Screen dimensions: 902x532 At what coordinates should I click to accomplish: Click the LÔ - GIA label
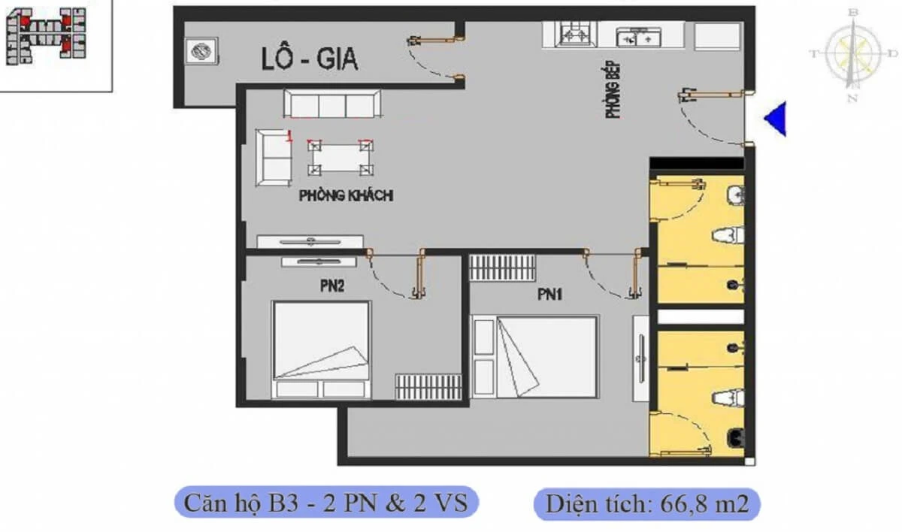pyautogui.click(x=310, y=59)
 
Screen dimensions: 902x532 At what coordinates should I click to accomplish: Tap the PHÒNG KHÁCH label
pyautogui.click(x=346, y=195)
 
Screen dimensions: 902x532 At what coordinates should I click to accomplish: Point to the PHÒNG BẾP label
pyautogui.click(x=613, y=89)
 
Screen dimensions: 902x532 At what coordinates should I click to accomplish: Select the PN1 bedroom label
pyautogui.click(x=549, y=295)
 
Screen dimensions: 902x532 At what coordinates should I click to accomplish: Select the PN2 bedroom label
pyautogui.click(x=332, y=286)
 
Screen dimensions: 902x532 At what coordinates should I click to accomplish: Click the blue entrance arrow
pyautogui.click(x=775, y=119)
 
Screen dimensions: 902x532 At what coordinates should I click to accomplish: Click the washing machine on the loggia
pyautogui.click(x=201, y=50)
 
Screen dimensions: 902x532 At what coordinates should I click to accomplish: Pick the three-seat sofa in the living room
pyautogui.click(x=332, y=104)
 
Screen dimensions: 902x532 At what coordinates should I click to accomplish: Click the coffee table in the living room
pyautogui.click(x=341, y=158)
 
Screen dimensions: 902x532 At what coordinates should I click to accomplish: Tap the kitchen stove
pyautogui.click(x=576, y=34)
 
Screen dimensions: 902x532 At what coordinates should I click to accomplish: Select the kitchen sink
pyautogui.click(x=639, y=38)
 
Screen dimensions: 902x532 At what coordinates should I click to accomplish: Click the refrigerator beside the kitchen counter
pyautogui.click(x=718, y=36)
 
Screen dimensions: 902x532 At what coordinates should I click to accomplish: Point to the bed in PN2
pyautogui.click(x=322, y=349)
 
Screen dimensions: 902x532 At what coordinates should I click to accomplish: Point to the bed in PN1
pyautogui.click(x=535, y=356)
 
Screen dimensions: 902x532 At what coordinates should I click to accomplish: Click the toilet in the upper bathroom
pyautogui.click(x=728, y=235)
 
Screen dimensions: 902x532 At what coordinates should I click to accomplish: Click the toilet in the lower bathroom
pyautogui.click(x=728, y=398)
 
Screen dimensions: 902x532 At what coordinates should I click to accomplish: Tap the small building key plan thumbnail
pyautogui.click(x=46, y=36)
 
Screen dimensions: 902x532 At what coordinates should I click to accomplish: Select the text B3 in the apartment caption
pyautogui.click(x=283, y=503)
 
